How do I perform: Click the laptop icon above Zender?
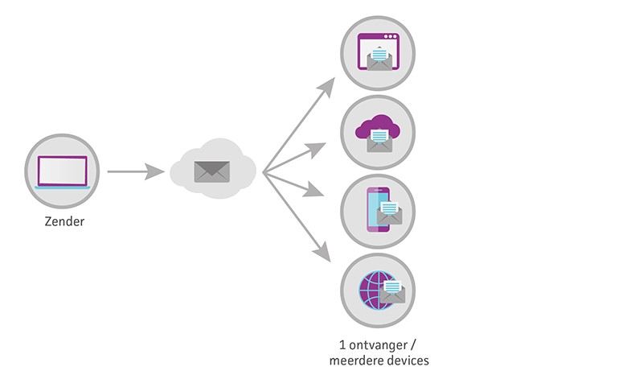click(62, 171)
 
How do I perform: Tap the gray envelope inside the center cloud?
click(211, 171)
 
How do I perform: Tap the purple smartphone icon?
click(376, 209)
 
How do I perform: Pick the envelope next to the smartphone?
click(391, 214)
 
